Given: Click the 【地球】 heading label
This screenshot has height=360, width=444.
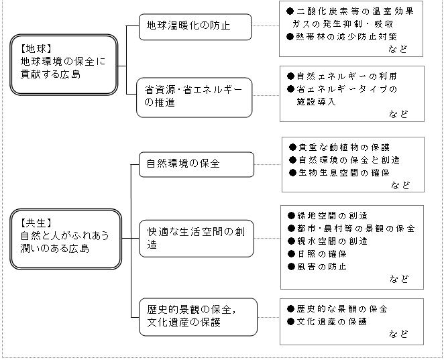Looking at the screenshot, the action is [x=36, y=49].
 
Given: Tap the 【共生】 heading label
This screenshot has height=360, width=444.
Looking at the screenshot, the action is [x=36, y=223].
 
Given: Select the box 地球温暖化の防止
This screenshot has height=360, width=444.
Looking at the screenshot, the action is [x=195, y=27].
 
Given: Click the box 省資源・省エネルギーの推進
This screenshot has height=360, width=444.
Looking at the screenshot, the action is [x=195, y=97].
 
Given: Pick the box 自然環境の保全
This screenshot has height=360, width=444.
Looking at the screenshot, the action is [x=197, y=164].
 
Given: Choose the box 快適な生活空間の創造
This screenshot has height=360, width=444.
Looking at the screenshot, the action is [x=197, y=239].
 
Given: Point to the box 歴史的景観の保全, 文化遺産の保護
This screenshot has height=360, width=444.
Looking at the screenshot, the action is [x=199, y=317].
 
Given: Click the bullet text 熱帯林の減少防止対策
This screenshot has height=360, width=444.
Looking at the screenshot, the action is [x=346, y=37].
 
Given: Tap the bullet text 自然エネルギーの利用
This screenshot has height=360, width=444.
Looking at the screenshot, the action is [x=347, y=76].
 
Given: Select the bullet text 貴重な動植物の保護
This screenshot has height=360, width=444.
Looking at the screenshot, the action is [x=344, y=147].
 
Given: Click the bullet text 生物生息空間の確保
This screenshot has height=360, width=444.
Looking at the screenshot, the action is [x=344, y=173].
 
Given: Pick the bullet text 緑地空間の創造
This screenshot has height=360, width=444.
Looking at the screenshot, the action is [x=332, y=216].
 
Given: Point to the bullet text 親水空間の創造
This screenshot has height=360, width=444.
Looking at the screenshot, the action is [x=332, y=241].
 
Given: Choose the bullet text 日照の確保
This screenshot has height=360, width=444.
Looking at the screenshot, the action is [x=322, y=254].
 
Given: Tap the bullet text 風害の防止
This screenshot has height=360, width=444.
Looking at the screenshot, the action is [x=322, y=267].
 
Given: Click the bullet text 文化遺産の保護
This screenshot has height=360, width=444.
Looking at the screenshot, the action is [x=331, y=322].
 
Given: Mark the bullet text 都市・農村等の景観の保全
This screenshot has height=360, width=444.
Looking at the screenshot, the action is [x=356, y=229].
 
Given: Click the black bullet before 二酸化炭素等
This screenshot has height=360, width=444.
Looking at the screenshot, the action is [x=290, y=11].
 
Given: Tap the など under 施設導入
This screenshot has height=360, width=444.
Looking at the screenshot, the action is [x=398, y=114].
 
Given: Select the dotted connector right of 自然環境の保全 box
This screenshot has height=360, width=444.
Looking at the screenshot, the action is [x=268, y=164].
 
